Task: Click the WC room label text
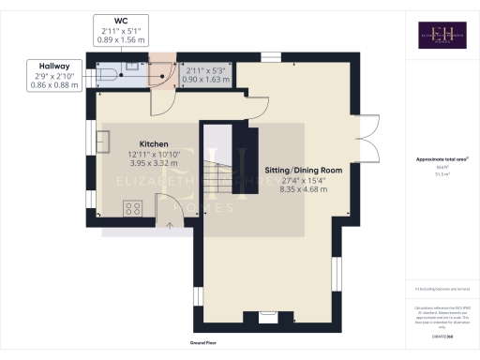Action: click(x=120, y=20)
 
